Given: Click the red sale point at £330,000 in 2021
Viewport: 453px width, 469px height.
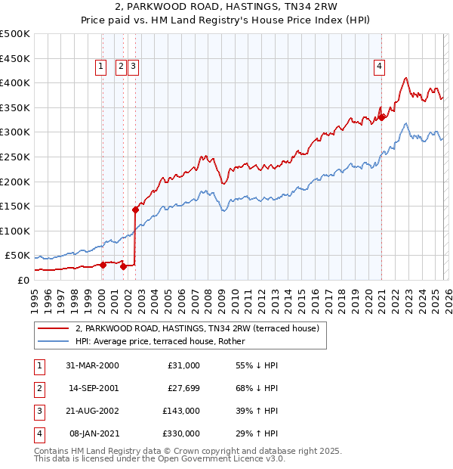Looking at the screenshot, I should click(382, 117).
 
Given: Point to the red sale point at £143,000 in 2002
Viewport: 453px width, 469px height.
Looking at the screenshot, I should click(135, 210).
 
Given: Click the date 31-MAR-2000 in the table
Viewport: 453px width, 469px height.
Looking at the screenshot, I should click(92, 365).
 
